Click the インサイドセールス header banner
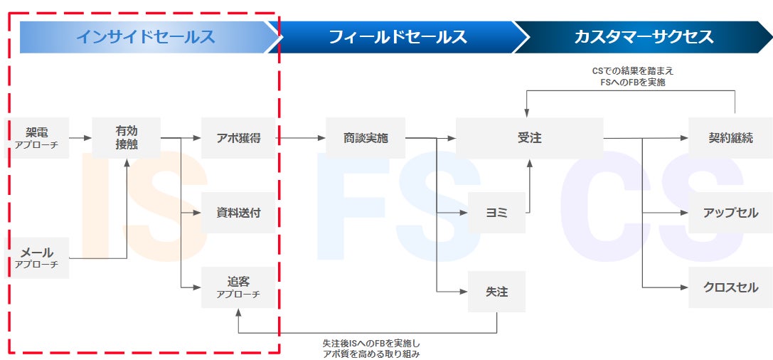[145, 37]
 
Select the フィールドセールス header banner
[398, 37]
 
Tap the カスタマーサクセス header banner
[643, 37]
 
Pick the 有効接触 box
[127, 138]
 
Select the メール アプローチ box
[37, 258]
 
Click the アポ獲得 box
[238, 138]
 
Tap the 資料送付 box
[238, 213]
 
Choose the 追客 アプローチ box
[238, 287]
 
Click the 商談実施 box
[366, 138]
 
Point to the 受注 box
[529, 138]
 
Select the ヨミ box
[496, 213]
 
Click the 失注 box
[496, 292]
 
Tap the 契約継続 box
[730, 138]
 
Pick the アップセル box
[730, 213]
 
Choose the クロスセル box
[730, 287]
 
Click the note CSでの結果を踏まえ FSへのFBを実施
[632, 76]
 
